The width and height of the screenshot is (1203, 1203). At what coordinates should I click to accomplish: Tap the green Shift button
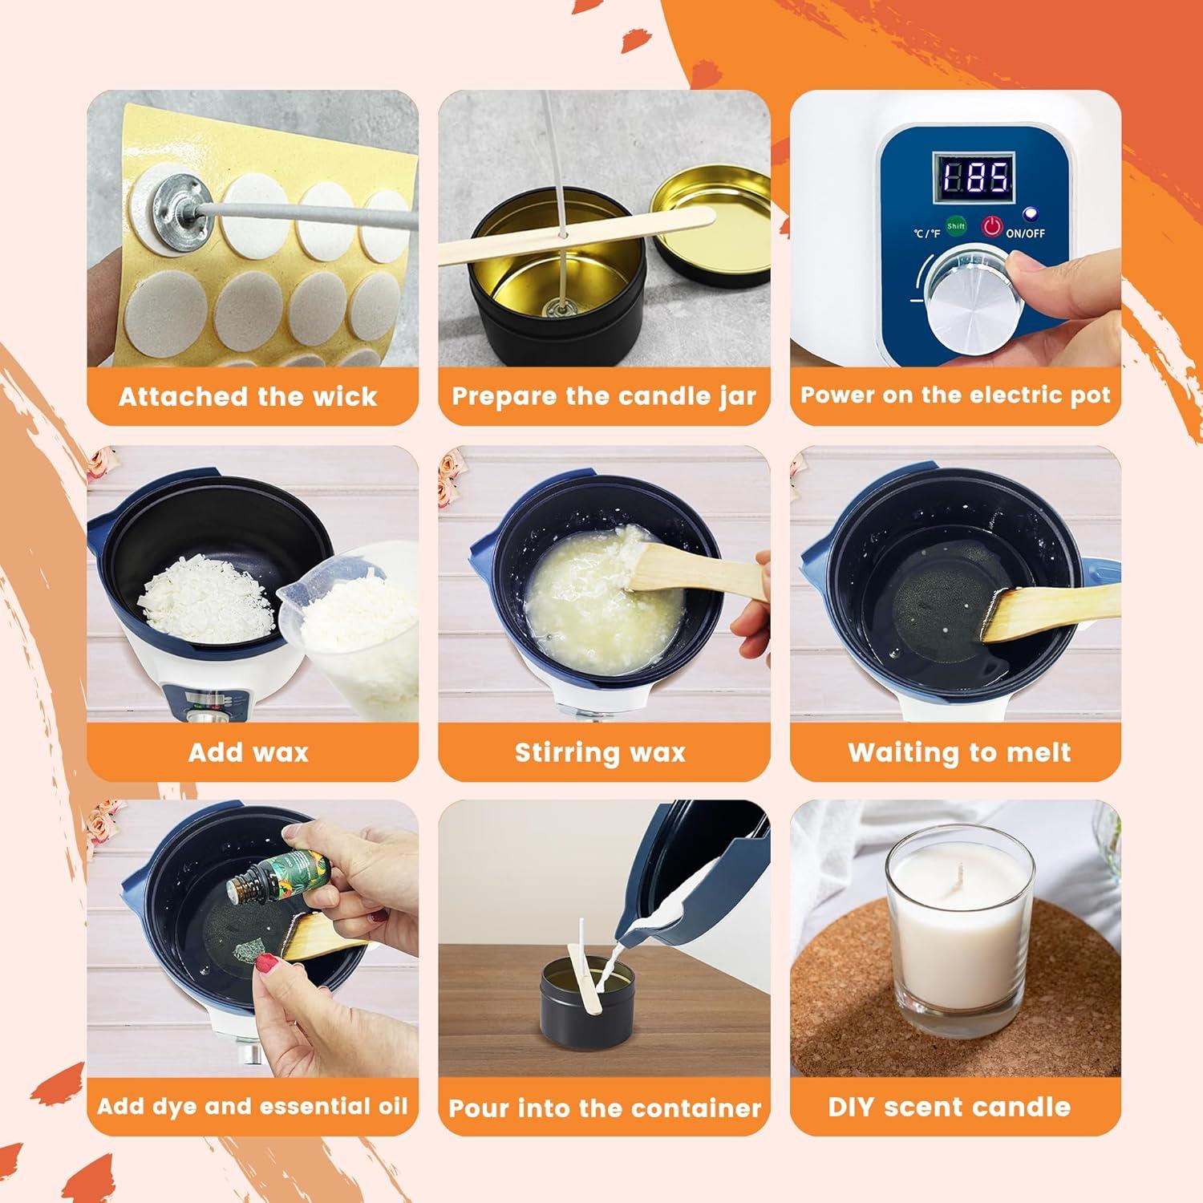point(955,226)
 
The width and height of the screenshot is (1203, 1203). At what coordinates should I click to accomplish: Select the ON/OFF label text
point(1025,233)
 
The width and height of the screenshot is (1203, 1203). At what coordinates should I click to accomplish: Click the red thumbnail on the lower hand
point(266,966)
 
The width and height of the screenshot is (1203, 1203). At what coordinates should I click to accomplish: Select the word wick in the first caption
point(346,396)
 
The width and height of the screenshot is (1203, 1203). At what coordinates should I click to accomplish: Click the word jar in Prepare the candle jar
point(737,396)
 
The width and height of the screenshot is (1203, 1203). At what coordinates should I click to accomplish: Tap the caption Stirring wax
point(600,752)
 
